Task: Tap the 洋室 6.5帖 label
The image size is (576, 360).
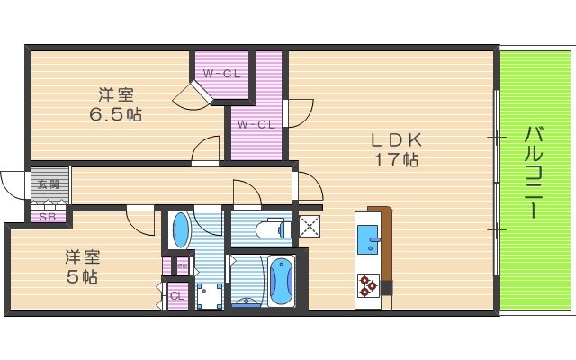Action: pos(116,104)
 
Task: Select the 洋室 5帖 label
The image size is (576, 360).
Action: pos(81,265)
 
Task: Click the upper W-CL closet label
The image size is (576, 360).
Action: pos(220,74)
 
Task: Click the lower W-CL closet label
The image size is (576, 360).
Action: pos(256,124)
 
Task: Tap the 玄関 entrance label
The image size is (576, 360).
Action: pos(49,184)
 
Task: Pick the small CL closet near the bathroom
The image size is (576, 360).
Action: pos(176,295)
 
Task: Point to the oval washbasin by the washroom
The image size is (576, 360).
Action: pos(181,229)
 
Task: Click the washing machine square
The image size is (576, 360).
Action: pos(210,295)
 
